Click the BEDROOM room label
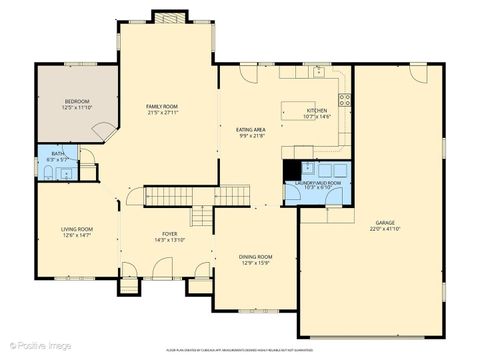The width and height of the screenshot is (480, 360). tap(77, 101)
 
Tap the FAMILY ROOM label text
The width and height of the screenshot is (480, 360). tap(161, 106)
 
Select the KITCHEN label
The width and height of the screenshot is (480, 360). tap(317, 111)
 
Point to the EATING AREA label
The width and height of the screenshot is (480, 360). tap(250, 130)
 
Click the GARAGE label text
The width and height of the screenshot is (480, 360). tap(384, 222)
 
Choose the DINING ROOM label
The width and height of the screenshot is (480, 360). tap(255, 257)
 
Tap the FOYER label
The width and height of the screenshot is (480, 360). tap(170, 234)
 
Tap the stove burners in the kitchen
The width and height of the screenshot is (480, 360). tap(345, 99)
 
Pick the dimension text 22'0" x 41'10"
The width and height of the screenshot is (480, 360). tap(384, 229)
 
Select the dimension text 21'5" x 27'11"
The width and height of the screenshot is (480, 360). tap(161, 113)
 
